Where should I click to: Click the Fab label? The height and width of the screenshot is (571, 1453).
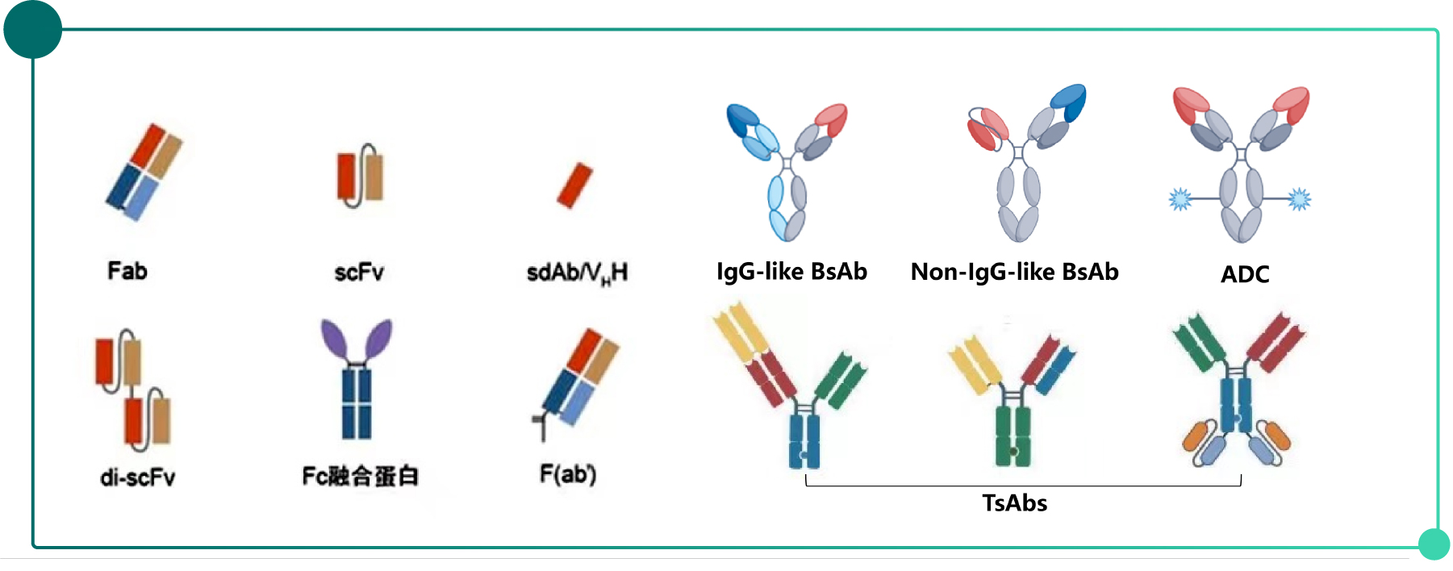[127, 271]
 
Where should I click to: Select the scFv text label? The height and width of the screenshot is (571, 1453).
[359, 273]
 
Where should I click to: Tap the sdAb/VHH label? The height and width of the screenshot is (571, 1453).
[577, 273]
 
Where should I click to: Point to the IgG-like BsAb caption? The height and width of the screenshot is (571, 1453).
[791, 272]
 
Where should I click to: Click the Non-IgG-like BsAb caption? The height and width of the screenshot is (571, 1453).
[1014, 273]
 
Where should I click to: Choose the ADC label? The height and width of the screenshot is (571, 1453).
[1245, 275]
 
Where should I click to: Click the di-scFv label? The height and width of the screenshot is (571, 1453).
[137, 477]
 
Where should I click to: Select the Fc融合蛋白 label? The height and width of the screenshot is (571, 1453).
[360, 476]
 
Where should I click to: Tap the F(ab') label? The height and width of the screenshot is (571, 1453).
[568, 474]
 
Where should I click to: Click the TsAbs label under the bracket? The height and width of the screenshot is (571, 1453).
[1014, 503]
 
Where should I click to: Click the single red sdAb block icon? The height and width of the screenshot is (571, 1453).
[574, 185]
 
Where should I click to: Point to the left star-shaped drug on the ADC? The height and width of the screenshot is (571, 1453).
[1180, 198]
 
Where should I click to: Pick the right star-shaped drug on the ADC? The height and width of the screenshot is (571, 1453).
[1299, 198]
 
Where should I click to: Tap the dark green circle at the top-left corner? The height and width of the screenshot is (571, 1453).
[32, 30]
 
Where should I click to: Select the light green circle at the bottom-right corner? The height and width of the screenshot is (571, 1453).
[1434, 544]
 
